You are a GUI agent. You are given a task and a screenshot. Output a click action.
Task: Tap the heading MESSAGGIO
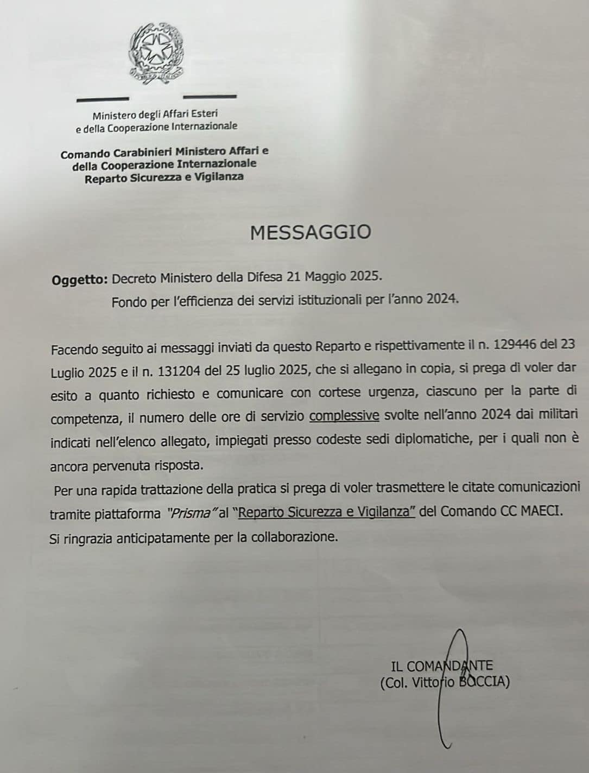pos(311,232)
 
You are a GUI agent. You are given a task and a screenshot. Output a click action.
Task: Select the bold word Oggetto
pos(79,280)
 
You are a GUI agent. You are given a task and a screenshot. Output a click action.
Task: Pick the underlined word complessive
pos(344,416)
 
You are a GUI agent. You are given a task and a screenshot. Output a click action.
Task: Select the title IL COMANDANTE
pos(441,666)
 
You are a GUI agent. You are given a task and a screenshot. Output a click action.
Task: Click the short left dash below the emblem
pos(103,99)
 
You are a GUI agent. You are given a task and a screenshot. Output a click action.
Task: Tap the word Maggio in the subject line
pos(322,277)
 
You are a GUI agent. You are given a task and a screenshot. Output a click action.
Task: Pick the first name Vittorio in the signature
pos(430,682)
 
